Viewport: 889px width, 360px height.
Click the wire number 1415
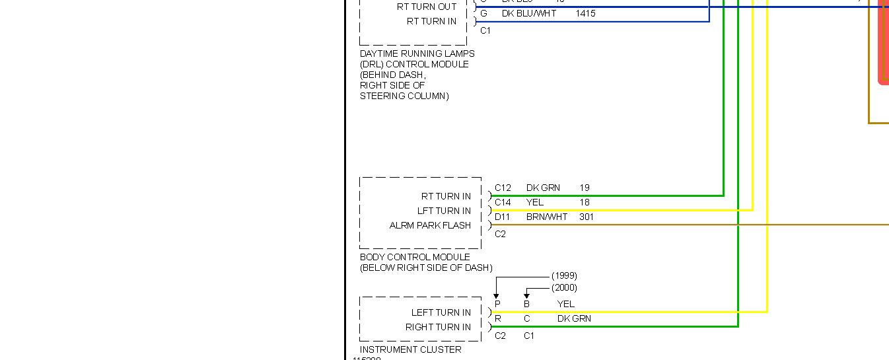coord(585,13)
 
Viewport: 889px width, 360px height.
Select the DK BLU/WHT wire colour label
coord(529,13)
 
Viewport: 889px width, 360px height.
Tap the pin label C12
coord(503,188)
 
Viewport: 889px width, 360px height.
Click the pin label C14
coord(503,202)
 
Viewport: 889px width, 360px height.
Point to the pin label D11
coord(503,217)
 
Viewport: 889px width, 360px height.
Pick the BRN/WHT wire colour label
coord(547,217)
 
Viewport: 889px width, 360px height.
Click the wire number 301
coord(586,217)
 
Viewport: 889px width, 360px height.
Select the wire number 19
coord(585,188)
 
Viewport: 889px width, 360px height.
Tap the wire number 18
coord(585,202)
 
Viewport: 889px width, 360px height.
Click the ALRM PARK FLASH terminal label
coord(430,225)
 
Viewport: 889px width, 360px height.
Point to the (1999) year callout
coord(564,275)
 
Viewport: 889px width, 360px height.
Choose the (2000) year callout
coord(564,287)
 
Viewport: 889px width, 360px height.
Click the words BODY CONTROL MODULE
coord(415,257)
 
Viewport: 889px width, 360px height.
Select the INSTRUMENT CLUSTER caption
coord(410,349)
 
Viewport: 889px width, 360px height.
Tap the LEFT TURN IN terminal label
coord(441,312)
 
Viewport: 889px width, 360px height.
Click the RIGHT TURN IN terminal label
coord(438,327)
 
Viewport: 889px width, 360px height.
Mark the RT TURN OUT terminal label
coord(426,7)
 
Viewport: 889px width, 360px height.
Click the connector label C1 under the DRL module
coord(485,30)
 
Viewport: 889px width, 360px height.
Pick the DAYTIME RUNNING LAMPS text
coord(417,54)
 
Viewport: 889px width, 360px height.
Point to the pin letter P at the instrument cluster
coord(497,304)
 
